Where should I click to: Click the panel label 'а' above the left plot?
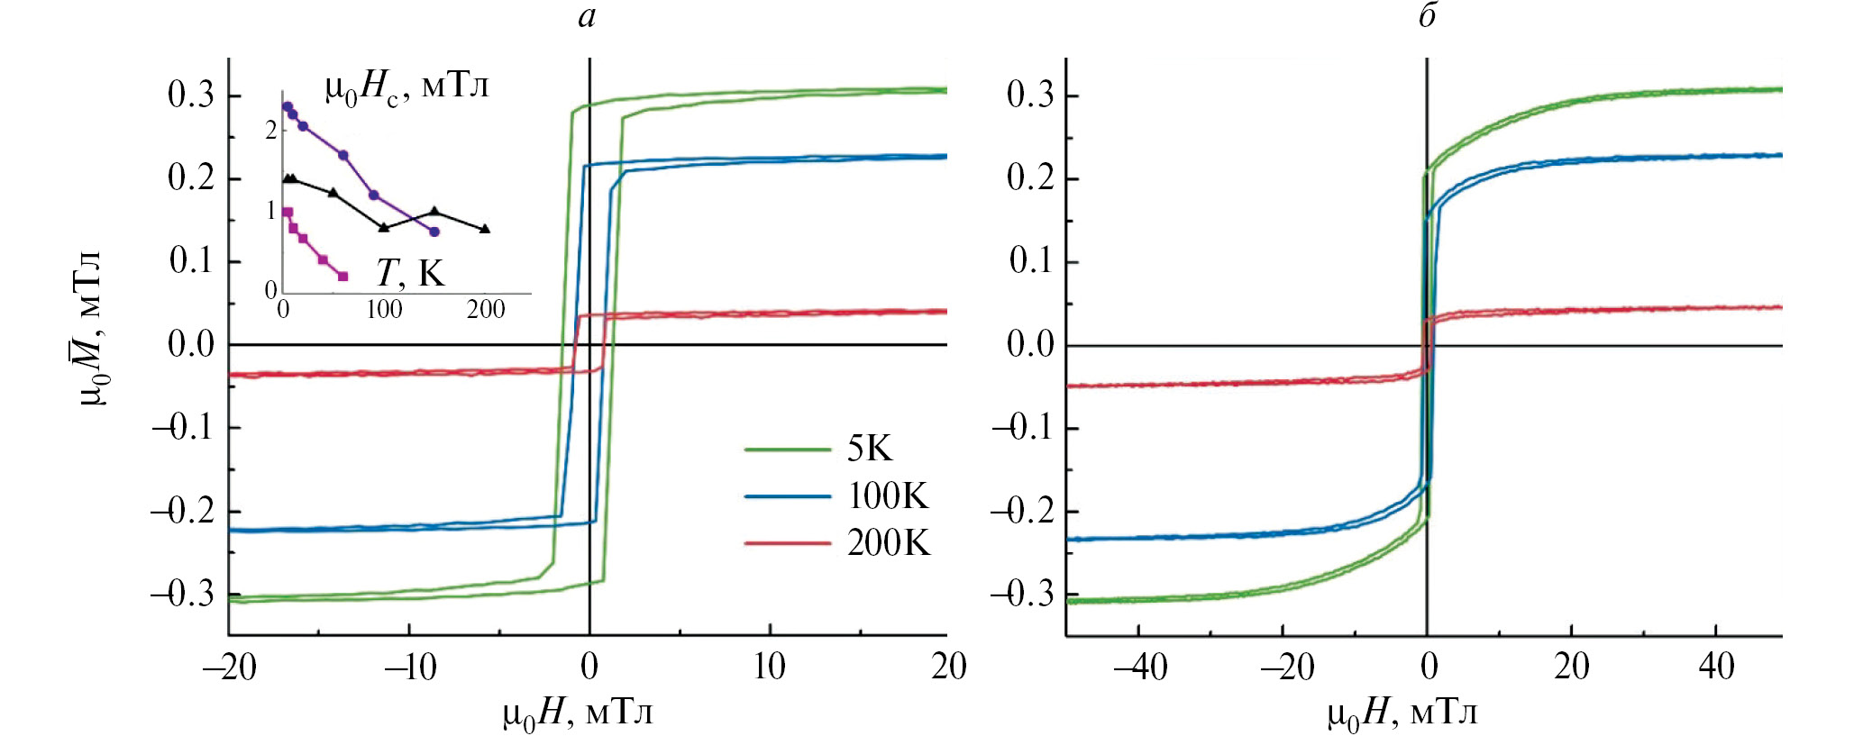pyautogui.click(x=587, y=17)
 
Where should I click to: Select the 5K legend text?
pyautogui.click(x=870, y=449)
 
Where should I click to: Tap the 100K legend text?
pyautogui.click(x=888, y=495)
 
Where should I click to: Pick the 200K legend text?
pyautogui.click(x=889, y=543)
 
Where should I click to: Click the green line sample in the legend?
pyautogui.click(x=787, y=449)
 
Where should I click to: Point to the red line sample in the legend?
pyautogui.click(x=787, y=543)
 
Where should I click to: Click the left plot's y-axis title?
pyautogui.click(x=89, y=329)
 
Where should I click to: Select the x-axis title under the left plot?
pyautogui.click(x=578, y=714)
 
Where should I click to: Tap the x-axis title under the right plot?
pyautogui.click(x=1402, y=714)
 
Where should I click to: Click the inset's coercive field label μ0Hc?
pyautogui.click(x=406, y=88)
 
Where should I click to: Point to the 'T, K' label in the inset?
pyautogui.click(x=410, y=272)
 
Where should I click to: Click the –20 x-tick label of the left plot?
pyautogui.click(x=230, y=668)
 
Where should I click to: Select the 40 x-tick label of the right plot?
pyautogui.click(x=1716, y=668)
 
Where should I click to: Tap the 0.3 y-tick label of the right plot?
pyautogui.click(x=1029, y=95)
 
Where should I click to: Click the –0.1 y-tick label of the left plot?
pyautogui.click(x=183, y=426)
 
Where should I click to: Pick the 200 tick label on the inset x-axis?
pyautogui.click(x=486, y=310)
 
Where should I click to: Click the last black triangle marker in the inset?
pyautogui.click(x=485, y=229)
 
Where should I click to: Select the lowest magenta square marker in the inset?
pyautogui.click(x=342, y=277)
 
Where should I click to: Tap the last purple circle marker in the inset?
pyautogui.click(x=434, y=232)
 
